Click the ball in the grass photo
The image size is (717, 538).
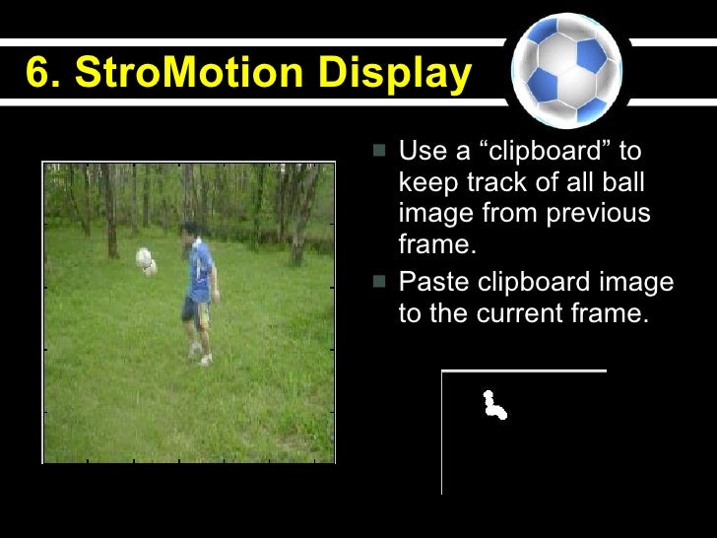point(146,261)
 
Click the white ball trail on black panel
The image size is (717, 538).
point(492,404)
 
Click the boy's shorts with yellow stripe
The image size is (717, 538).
point(195,309)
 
